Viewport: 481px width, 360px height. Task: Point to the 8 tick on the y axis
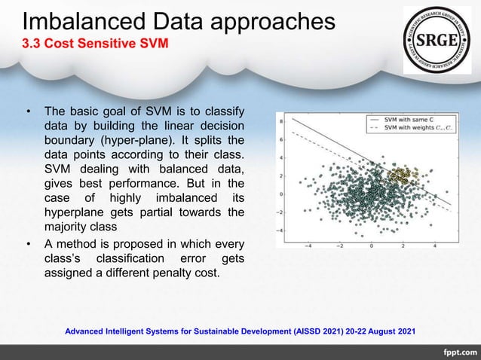pyautogui.click(x=281, y=121)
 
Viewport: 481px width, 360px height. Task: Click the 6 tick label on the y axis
pyautogui.click(x=281, y=139)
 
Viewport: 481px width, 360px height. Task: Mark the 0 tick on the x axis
pyautogui.click(x=372, y=245)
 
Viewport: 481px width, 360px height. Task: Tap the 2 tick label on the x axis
pyautogui.click(x=403, y=245)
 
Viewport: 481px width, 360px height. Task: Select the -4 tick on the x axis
pyautogui.click(x=309, y=245)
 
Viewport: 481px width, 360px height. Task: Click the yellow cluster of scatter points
pyautogui.click(x=403, y=177)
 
